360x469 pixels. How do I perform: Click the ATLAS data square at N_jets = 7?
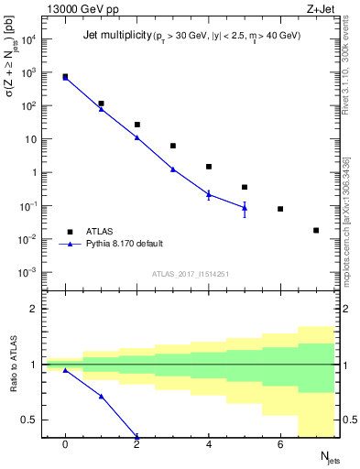(x=316, y=231)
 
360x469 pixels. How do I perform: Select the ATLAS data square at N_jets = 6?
(x=280, y=209)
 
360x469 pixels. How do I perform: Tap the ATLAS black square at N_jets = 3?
(x=173, y=146)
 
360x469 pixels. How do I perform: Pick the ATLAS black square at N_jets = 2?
(x=137, y=125)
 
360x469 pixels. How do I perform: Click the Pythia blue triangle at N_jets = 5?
(x=245, y=208)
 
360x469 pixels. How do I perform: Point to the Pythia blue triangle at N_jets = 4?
(x=209, y=194)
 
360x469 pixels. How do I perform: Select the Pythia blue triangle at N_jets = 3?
(x=173, y=169)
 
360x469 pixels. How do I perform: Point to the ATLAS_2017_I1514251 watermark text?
(x=190, y=273)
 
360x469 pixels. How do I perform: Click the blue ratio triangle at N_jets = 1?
(x=101, y=397)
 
